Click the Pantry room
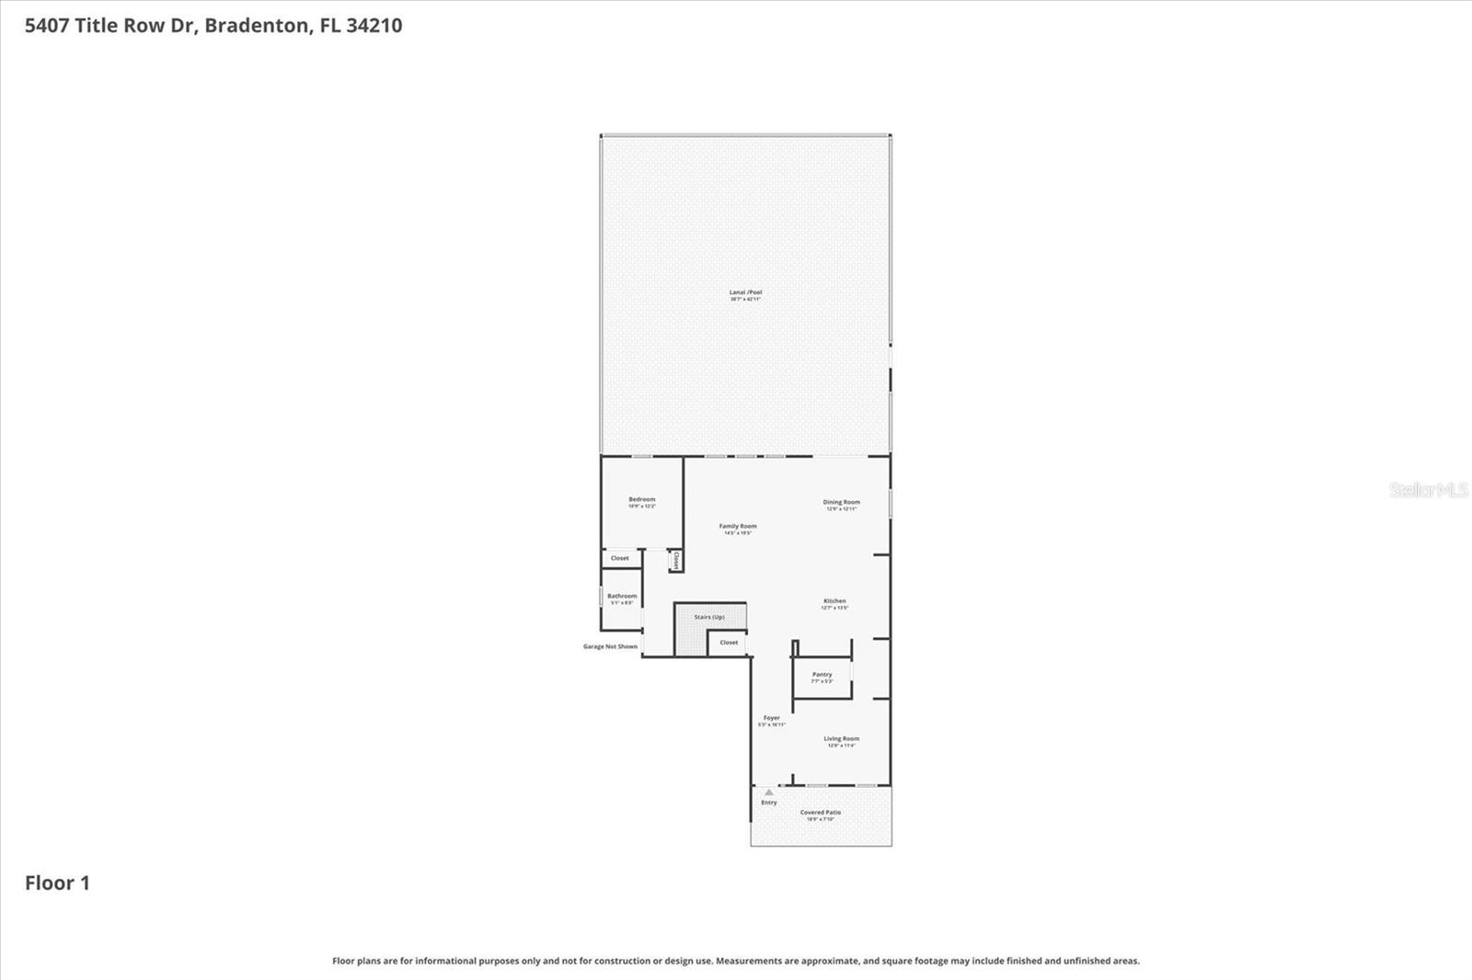point(822,678)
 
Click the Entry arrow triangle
point(769,792)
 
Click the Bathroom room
point(622,598)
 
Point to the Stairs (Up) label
point(709,617)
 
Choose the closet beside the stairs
point(729,643)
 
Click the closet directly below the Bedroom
point(620,558)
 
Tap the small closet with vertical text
point(675,560)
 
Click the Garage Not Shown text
point(610,646)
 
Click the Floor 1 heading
point(57,883)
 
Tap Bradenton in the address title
point(257,25)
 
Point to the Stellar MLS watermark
point(1428,490)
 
